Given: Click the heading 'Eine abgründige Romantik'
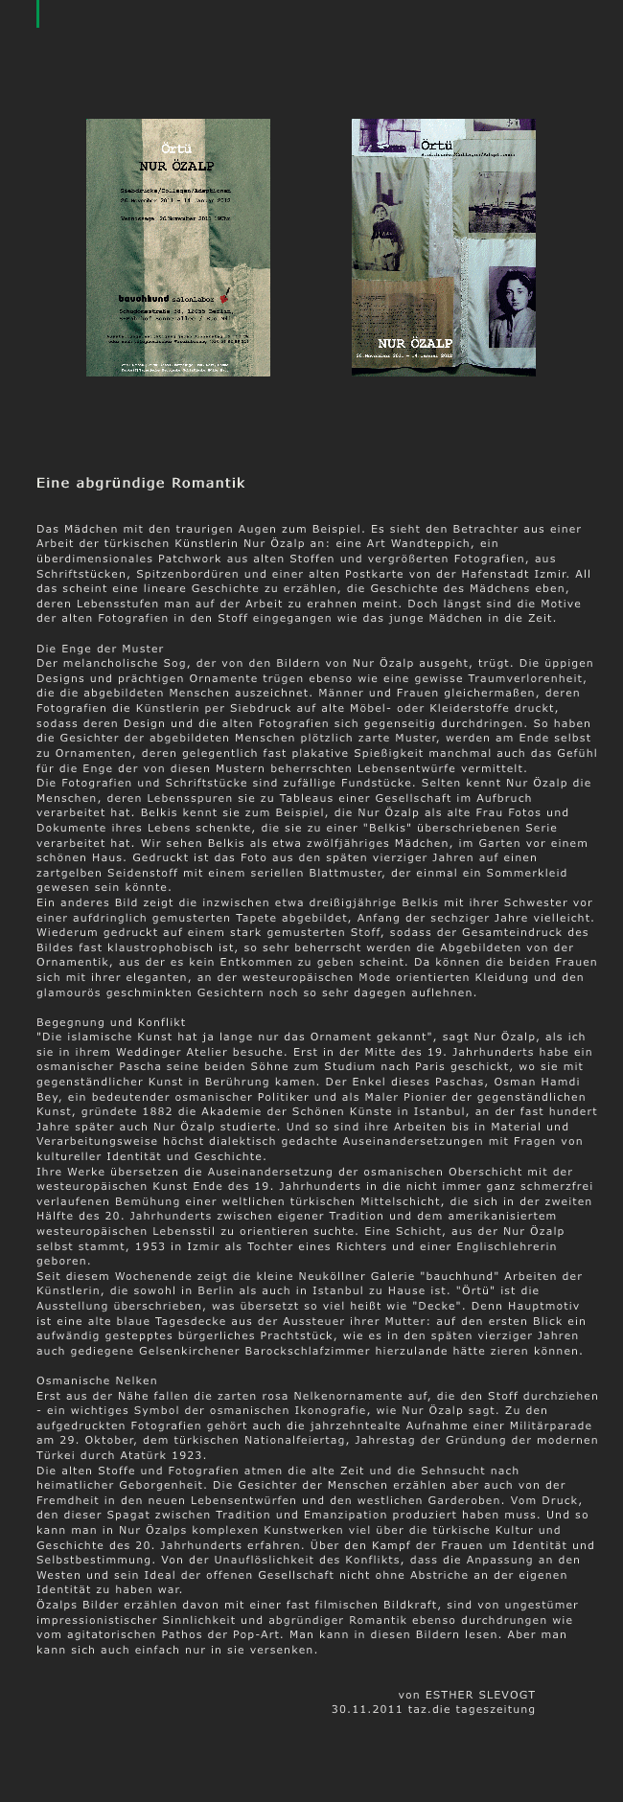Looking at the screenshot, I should tap(141, 484).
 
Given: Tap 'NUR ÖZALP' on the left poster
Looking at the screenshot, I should tap(177, 166).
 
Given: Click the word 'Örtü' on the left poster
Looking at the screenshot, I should tap(176, 149).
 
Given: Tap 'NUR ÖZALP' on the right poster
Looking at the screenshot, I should tap(414, 343).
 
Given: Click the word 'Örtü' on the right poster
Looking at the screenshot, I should tap(436, 145).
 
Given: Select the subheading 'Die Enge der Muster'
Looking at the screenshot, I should tap(101, 649).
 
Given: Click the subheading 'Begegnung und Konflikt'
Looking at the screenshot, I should tap(111, 1022).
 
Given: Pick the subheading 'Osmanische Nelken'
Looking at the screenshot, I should tap(97, 1380).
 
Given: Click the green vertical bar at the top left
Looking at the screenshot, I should tap(38, 13).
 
